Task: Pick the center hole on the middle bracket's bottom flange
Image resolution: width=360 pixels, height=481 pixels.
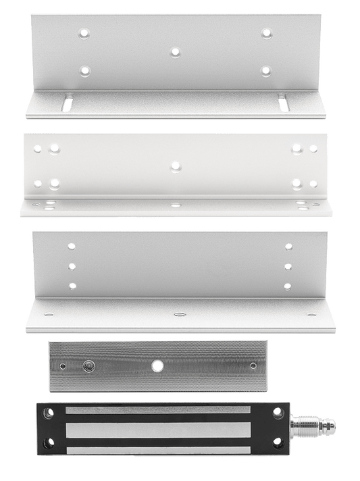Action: click(175, 203)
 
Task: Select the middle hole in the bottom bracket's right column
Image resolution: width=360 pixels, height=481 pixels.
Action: click(287, 265)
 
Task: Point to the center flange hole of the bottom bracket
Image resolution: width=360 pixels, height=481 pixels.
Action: click(178, 314)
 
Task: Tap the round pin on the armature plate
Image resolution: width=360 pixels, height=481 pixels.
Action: click(86, 365)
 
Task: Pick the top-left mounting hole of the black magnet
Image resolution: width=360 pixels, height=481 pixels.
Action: click(47, 411)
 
